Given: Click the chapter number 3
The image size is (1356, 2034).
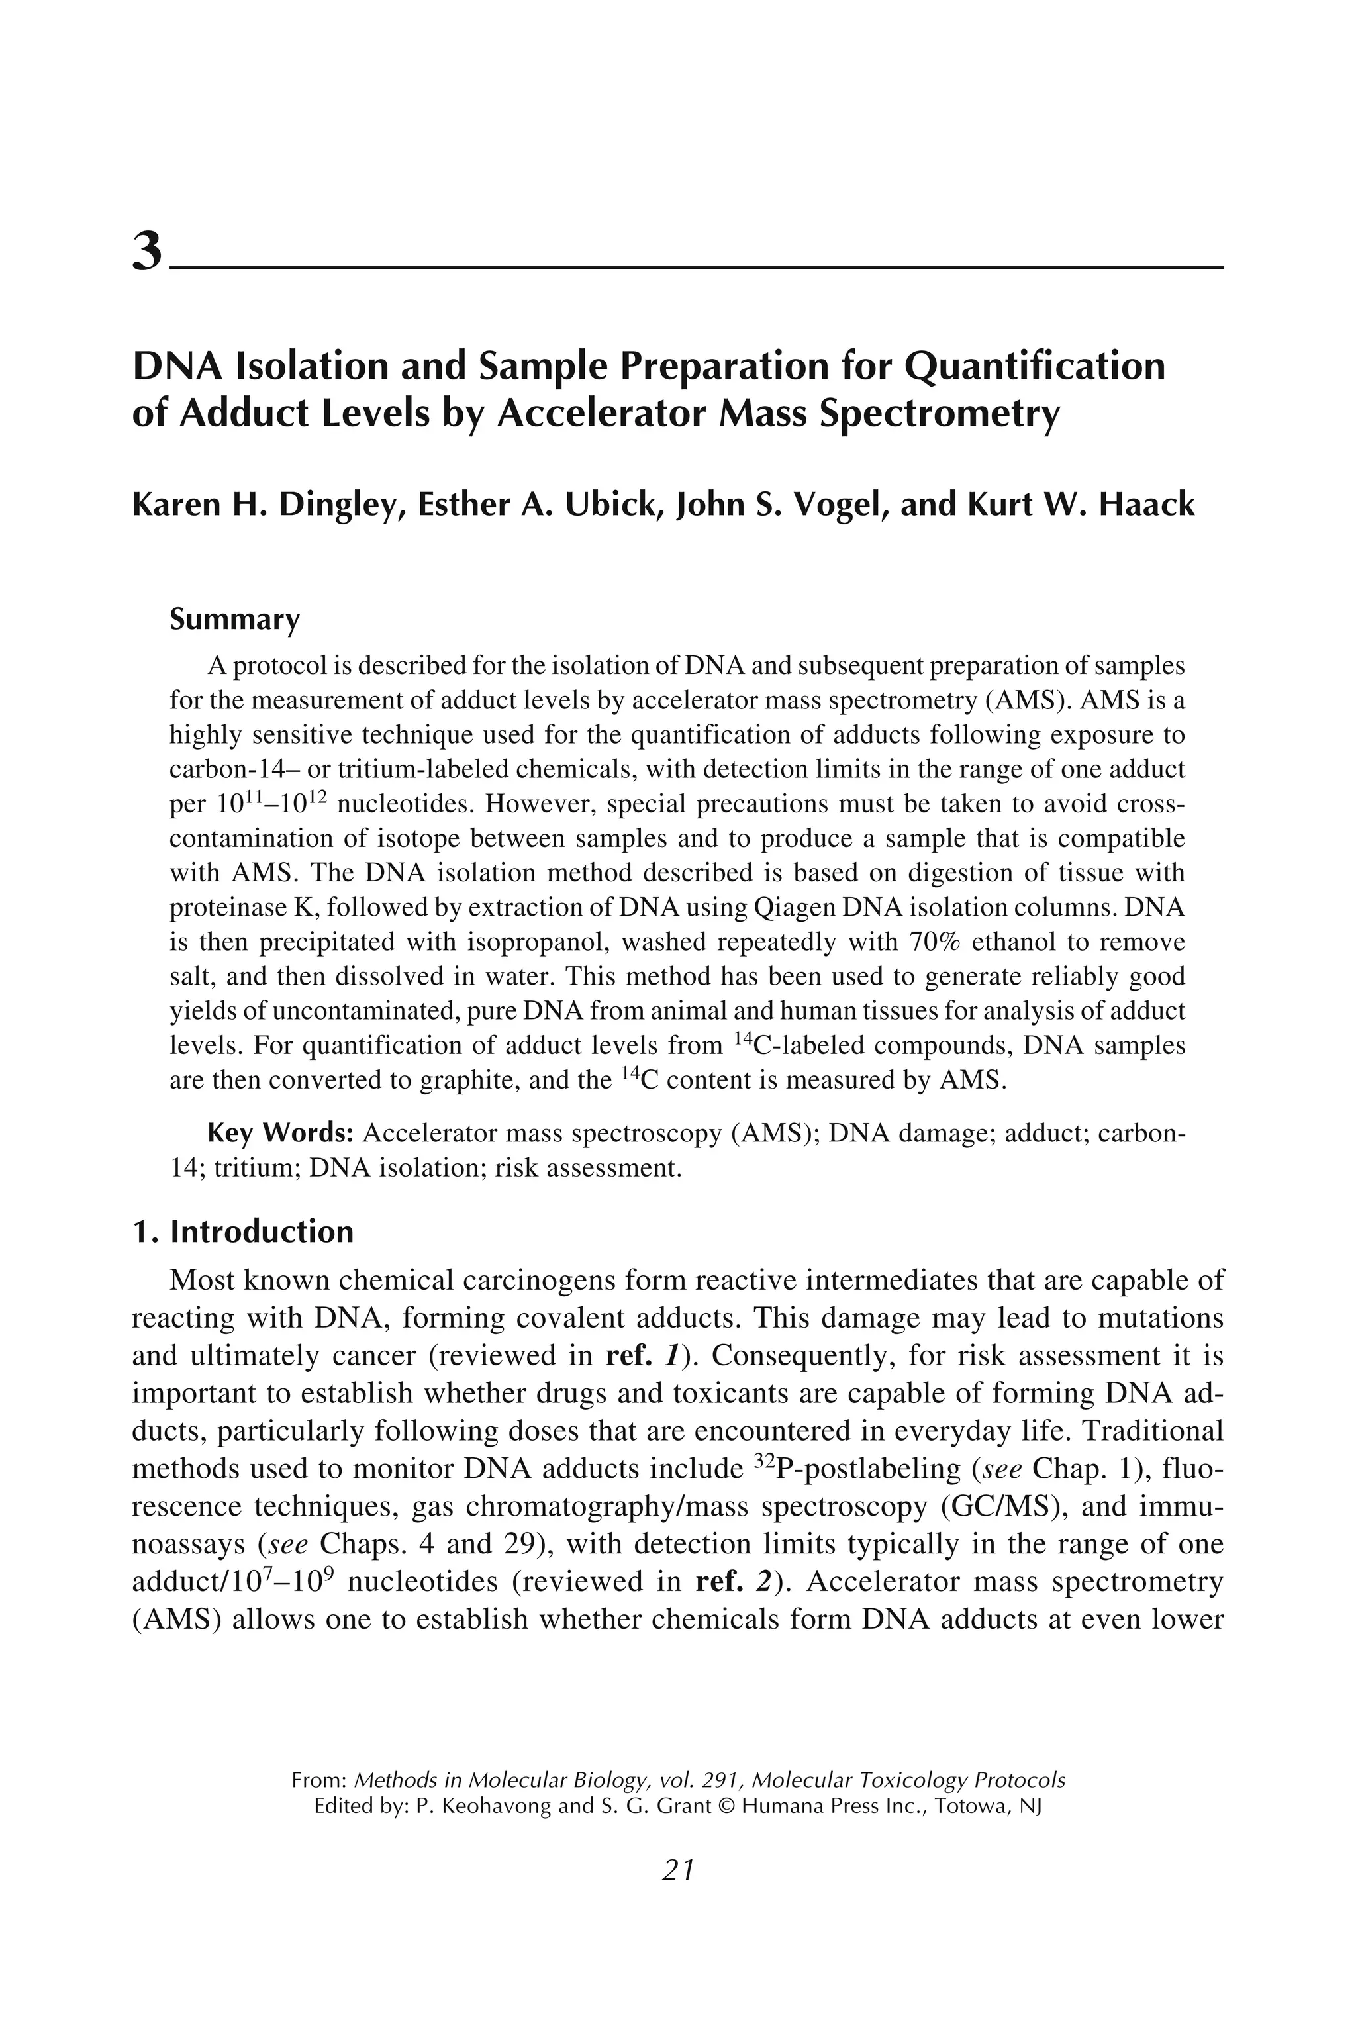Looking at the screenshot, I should (147, 252).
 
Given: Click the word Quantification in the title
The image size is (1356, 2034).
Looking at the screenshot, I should (1034, 367).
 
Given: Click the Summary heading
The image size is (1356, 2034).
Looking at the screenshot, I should (234, 619).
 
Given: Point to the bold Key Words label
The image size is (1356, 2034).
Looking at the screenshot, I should (281, 1133).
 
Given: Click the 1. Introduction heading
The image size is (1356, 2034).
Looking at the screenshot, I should (243, 1232).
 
